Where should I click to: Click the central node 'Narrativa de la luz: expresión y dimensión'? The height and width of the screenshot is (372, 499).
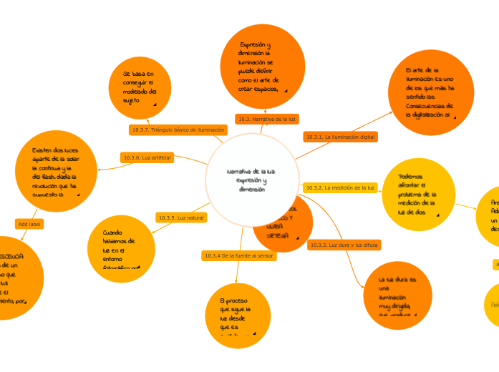point(251,180)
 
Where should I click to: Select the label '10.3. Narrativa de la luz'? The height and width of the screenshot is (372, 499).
point(267,119)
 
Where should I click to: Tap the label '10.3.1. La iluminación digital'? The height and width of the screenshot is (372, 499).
point(340,136)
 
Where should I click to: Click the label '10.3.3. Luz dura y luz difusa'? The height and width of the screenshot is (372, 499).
point(344,245)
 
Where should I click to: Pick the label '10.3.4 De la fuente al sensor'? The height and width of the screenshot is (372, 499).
point(238,255)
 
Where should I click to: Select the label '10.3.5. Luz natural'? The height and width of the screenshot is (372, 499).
point(181,217)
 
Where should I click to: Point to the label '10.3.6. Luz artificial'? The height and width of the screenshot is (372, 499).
point(147,157)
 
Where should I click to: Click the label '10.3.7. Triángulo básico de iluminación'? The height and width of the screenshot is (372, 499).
point(178,129)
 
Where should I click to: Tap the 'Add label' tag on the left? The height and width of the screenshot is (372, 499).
point(29,224)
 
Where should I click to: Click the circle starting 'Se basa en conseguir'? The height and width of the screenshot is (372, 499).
point(140,88)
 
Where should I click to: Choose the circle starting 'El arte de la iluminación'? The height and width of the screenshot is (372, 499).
point(430,92)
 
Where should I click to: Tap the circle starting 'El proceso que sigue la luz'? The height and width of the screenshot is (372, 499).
point(237,315)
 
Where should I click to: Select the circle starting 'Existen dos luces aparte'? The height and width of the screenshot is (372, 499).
point(56,171)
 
